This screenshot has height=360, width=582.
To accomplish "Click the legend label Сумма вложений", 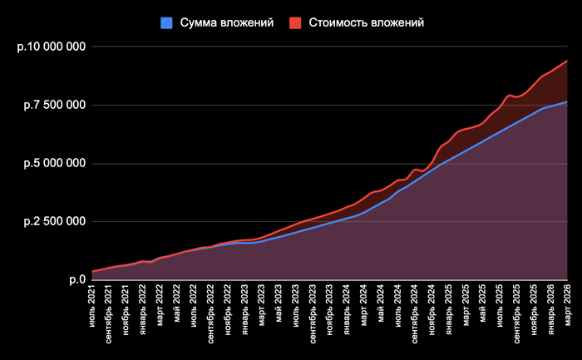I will (x=227, y=23).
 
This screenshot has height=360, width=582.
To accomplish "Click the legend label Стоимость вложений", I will (x=367, y=23).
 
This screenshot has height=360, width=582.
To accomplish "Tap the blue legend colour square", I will (x=166, y=23).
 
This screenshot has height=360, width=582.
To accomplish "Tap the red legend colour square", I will (x=295, y=23).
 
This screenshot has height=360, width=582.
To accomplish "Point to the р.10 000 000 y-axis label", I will (x=52, y=47).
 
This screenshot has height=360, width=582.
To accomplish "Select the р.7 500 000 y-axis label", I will (x=55, y=105).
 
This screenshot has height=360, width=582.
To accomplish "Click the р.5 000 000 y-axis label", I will (x=55, y=163).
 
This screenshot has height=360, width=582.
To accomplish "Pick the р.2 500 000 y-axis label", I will (x=55, y=221).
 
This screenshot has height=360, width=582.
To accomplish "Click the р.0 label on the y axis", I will (x=77, y=279).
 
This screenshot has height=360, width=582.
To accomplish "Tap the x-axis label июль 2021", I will (x=92, y=306).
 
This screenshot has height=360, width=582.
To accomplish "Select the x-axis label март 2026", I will (x=568, y=306).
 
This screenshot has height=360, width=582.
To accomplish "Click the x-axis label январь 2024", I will (x=347, y=309).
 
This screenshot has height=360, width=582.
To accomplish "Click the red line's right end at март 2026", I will (x=567, y=61).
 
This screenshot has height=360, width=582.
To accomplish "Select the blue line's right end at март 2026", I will (x=567, y=102).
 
